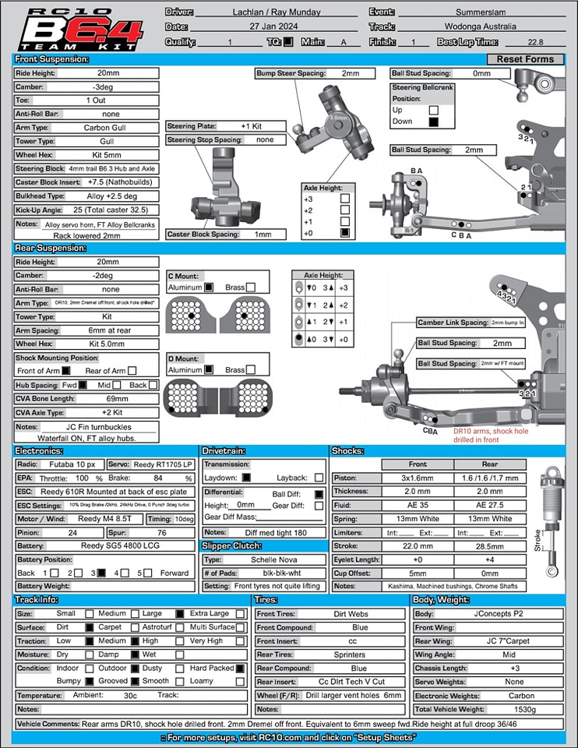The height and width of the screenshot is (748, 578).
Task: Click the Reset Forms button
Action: (526, 59)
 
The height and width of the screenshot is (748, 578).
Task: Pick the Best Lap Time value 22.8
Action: (535, 42)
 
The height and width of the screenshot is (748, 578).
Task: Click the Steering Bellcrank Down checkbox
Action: (434, 122)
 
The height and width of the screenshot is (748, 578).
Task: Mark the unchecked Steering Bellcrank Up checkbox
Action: (434, 111)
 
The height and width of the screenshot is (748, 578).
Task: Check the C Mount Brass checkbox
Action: (251, 288)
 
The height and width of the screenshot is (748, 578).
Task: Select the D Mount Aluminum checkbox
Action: (209, 370)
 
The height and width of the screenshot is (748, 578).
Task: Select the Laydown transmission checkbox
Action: (246, 478)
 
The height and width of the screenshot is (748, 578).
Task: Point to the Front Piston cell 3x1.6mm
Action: (417, 478)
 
